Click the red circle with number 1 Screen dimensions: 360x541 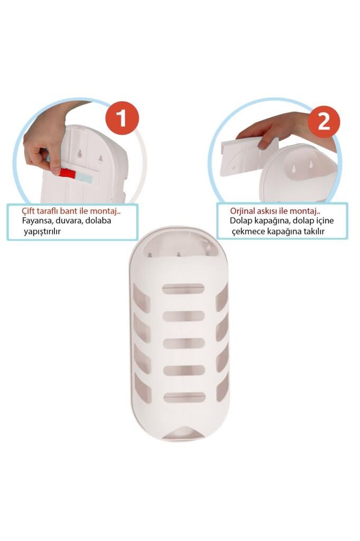pos(122,118)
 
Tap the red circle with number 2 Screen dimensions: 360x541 pos(324,122)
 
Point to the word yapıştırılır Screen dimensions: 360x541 pos(42,231)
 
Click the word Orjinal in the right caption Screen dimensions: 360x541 pos(243,211)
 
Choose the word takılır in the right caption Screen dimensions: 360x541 pos(312,231)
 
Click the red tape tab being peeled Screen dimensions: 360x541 pos(67,173)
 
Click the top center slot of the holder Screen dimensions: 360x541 pos(183,288)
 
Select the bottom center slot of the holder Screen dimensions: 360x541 pos(184,397)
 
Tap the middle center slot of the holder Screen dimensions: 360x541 pos(184,343)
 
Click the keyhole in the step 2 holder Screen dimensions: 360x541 pos(294,169)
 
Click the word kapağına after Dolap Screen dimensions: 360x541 pos(271,221)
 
